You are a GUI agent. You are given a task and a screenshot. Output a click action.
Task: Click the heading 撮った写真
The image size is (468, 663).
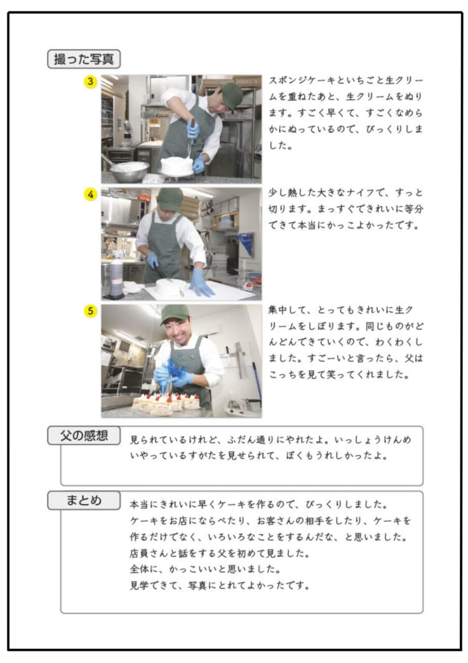(x=84, y=59)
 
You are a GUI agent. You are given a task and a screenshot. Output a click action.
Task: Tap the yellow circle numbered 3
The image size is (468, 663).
(x=90, y=82)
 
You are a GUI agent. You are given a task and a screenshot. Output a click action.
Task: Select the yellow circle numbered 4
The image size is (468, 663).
(x=90, y=194)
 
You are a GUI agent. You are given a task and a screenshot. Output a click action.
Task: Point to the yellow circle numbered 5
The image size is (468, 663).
(x=90, y=311)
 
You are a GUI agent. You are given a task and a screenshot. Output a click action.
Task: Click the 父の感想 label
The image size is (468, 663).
(x=84, y=436)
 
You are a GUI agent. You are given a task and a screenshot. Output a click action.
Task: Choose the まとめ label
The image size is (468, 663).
(x=84, y=500)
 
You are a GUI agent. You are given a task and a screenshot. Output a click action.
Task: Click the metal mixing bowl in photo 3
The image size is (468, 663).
(x=129, y=171)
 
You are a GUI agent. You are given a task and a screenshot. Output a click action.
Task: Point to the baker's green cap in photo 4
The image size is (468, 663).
(x=170, y=198)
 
